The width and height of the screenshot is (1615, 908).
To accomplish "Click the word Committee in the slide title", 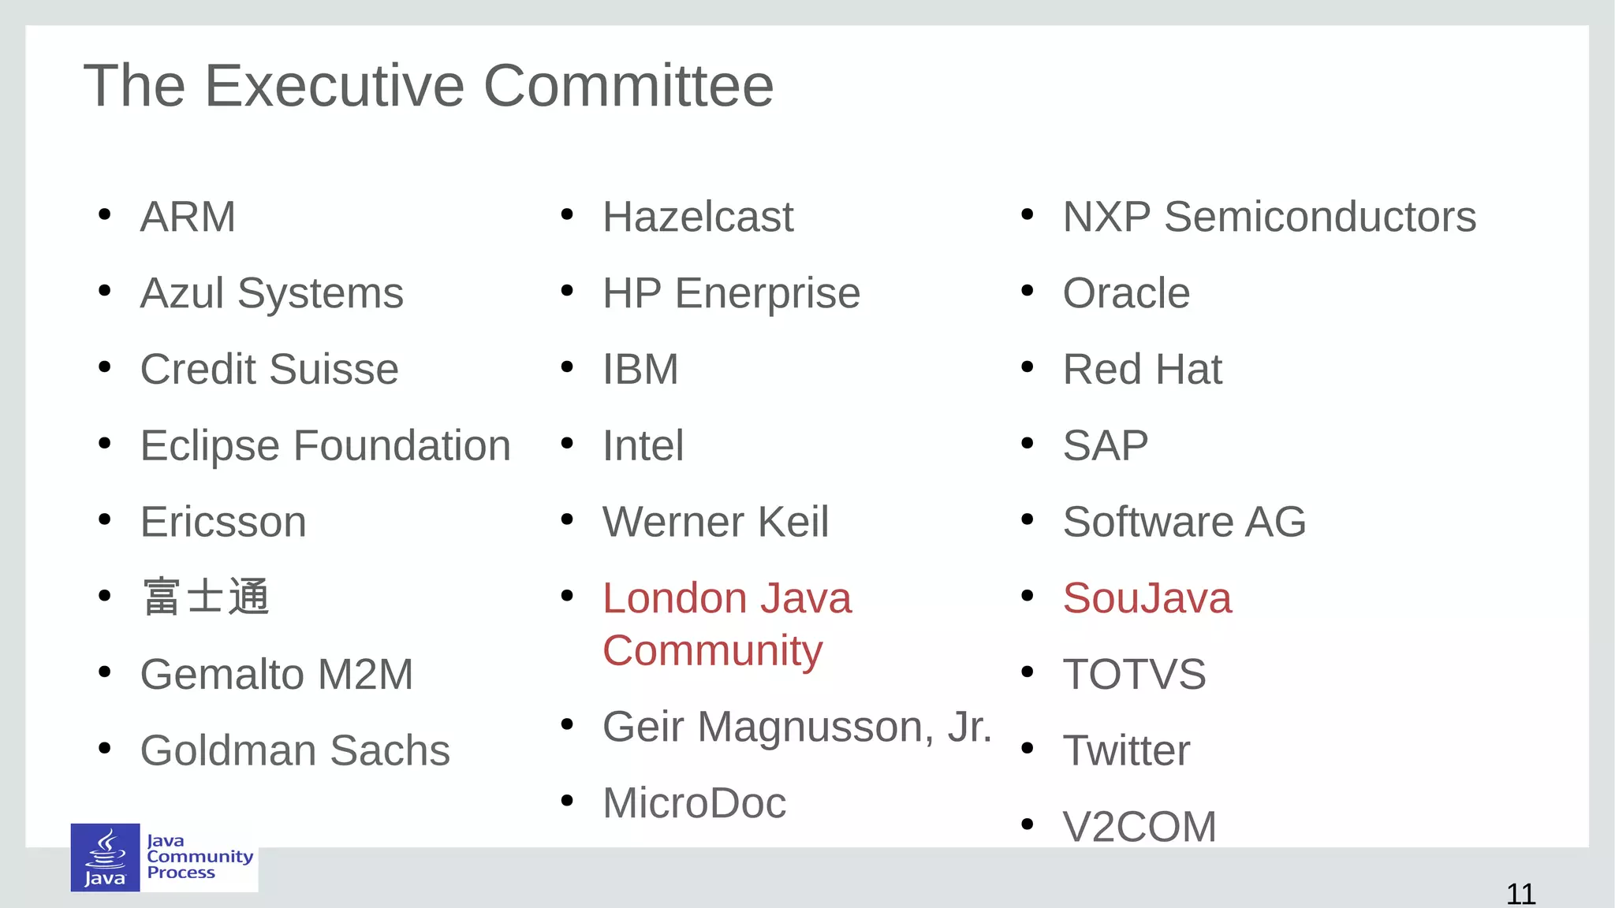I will point(628,86).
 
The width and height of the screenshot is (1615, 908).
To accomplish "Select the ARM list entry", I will point(188,217).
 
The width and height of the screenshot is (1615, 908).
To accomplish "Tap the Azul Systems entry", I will point(271,293).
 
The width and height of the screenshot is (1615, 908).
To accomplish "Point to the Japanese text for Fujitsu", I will point(206,597).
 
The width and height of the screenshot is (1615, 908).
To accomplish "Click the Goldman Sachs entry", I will point(295,750).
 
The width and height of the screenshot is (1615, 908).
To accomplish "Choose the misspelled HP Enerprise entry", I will point(731,293).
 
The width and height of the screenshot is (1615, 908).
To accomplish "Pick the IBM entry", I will point(640,370).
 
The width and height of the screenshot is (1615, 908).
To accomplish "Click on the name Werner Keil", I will point(715,522).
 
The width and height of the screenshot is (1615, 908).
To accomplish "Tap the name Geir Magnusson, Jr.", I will point(796,727).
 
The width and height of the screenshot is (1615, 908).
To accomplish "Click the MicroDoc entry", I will point(694,803).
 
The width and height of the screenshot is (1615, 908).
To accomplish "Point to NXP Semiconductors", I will point(1269,217).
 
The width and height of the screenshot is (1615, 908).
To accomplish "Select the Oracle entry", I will point(1126,293).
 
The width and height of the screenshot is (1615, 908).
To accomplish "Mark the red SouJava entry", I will point(1147,598).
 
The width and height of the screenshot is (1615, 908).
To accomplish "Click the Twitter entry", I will point(1126,750).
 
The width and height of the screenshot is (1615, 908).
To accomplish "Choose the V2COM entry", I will point(1139,827).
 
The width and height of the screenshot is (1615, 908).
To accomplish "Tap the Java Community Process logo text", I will point(200,857).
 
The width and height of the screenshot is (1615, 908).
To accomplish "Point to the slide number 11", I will point(1520,894).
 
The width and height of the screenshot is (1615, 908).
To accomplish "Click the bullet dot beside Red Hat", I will point(1027,367).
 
